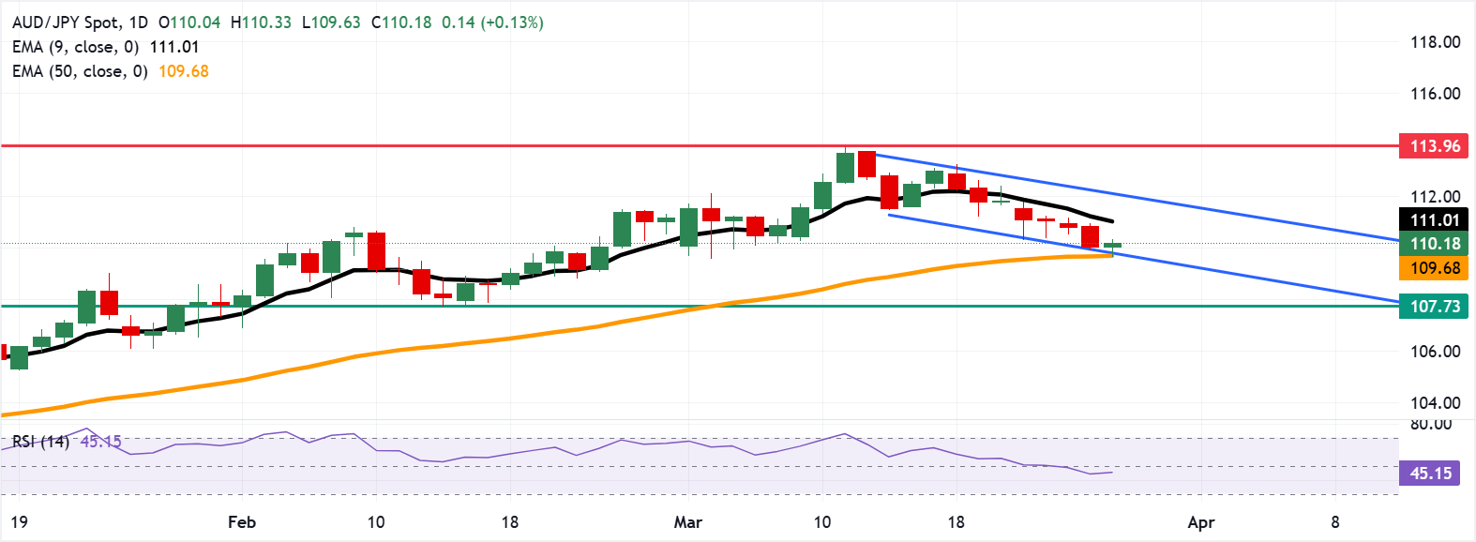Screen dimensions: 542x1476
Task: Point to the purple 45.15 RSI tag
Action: pyautogui.click(x=1431, y=474)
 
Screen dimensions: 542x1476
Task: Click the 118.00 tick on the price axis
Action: pyautogui.click(x=1435, y=42)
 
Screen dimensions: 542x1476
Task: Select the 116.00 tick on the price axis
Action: pyautogui.click(x=1435, y=94)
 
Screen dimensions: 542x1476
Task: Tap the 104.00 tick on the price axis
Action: pyautogui.click(x=1435, y=403)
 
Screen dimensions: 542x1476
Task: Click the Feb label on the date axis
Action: pyautogui.click(x=242, y=522)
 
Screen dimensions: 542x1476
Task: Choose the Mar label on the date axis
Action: pyautogui.click(x=687, y=522)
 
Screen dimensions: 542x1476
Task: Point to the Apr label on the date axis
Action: pyautogui.click(x=1200, y=522)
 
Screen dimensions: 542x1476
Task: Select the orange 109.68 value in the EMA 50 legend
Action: pyautogui.click(x=184, y=71)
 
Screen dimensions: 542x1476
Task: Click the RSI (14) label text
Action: pyautogui.click(x=40, y=441)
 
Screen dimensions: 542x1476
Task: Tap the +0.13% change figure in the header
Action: pyautogui.click(x=512, y=23)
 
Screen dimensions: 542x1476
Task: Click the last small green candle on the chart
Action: pyautogui.click(x=1112, y=246)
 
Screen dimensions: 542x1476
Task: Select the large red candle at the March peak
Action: pyautogui.click(x=866, y=164)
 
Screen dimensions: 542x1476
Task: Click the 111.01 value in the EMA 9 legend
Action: pyautogui.click(x=174, y=47)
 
